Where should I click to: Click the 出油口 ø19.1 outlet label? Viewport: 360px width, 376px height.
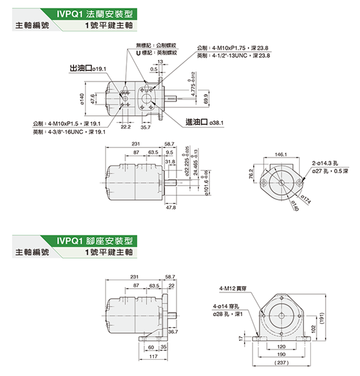[88, 68]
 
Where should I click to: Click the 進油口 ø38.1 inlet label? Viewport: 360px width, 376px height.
[204, 123]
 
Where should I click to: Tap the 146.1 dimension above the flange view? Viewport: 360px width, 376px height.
[281, 154]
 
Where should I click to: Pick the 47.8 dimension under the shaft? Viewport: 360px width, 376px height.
[170, 208]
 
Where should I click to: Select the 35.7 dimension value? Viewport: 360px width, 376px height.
[146, 126]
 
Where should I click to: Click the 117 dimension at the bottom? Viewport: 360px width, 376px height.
[153, 356]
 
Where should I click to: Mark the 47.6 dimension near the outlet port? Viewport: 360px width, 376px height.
[93, 98]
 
